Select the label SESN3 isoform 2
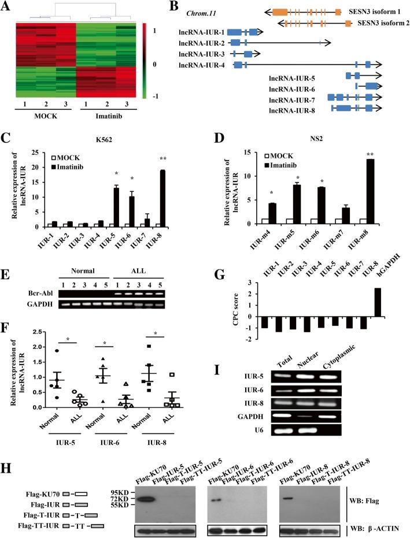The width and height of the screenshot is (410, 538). tap(381, 24)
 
